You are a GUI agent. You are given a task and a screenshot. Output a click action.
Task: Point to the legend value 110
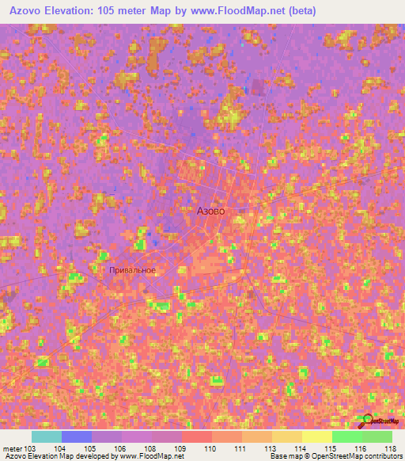(211, 448)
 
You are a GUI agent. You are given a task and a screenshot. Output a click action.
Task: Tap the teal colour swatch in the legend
(47, 436)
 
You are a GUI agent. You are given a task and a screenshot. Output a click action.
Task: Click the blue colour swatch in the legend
(77, 436)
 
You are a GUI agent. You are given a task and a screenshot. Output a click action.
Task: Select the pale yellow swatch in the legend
(316, 436)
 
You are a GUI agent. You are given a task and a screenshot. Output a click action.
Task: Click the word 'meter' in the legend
(12, 448)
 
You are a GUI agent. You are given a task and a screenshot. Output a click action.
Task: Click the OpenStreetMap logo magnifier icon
(365, 420)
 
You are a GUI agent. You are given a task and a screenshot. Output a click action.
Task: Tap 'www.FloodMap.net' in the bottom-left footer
(150, 457)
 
